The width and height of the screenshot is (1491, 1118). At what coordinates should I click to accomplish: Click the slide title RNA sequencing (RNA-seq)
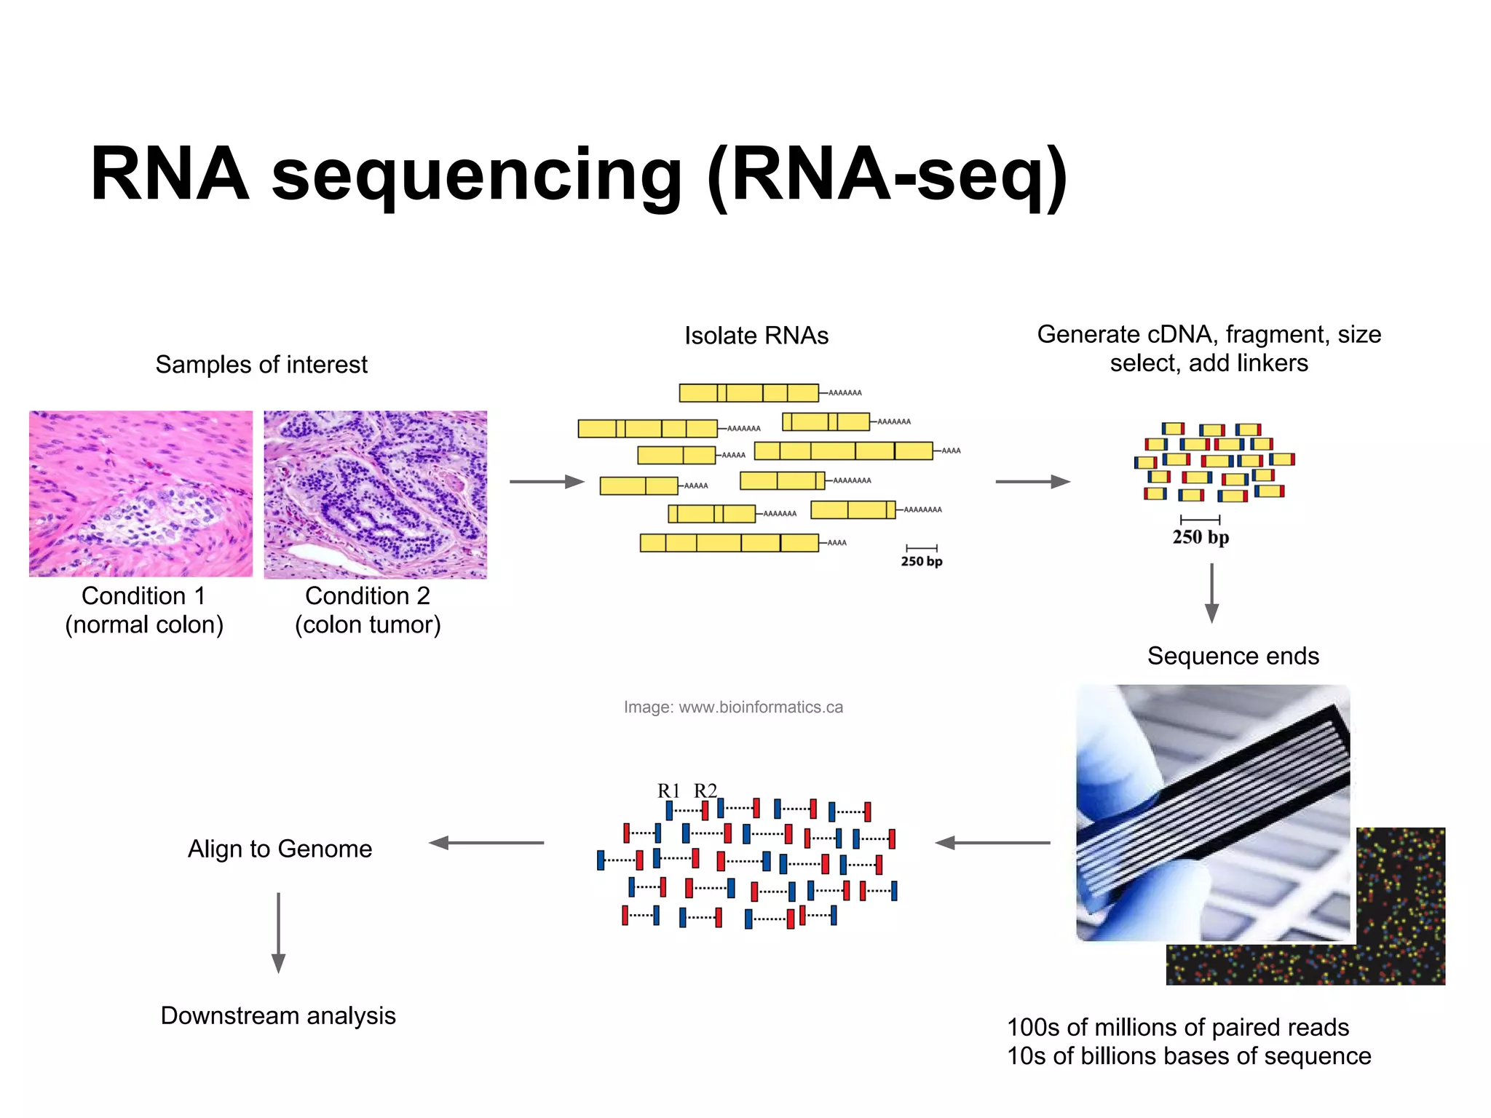click(579, 175)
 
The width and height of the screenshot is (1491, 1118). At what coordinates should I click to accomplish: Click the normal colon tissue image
click(141, 493)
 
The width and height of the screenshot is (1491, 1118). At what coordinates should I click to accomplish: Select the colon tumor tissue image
click(375, 494)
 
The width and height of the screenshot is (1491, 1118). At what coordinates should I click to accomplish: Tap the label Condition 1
click(143, 595)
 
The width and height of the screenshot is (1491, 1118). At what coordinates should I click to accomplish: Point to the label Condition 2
click(368, 595)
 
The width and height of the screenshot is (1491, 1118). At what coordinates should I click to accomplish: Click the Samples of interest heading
click(261, 364)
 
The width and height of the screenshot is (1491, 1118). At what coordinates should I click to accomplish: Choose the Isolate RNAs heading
click(756, 336)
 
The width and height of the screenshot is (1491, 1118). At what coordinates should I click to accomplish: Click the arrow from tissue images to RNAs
click(547, 481)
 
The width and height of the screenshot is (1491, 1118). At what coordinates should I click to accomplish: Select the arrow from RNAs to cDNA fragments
click(1032, 481)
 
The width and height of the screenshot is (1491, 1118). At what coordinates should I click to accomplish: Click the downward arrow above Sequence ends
click(1211, 592)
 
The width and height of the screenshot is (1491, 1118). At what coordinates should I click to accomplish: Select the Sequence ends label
click(1233, 656)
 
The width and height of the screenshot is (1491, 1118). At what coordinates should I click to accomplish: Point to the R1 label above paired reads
click(668, 790)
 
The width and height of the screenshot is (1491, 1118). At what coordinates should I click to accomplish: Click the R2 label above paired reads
click(705, 790)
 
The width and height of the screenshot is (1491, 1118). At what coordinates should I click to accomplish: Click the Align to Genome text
click(280, 849)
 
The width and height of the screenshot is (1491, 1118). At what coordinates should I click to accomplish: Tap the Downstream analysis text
click(278, 1015)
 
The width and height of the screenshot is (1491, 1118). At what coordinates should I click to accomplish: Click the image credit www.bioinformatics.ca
click(733, 707)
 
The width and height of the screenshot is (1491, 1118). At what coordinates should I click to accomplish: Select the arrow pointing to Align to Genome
click(486, 843)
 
